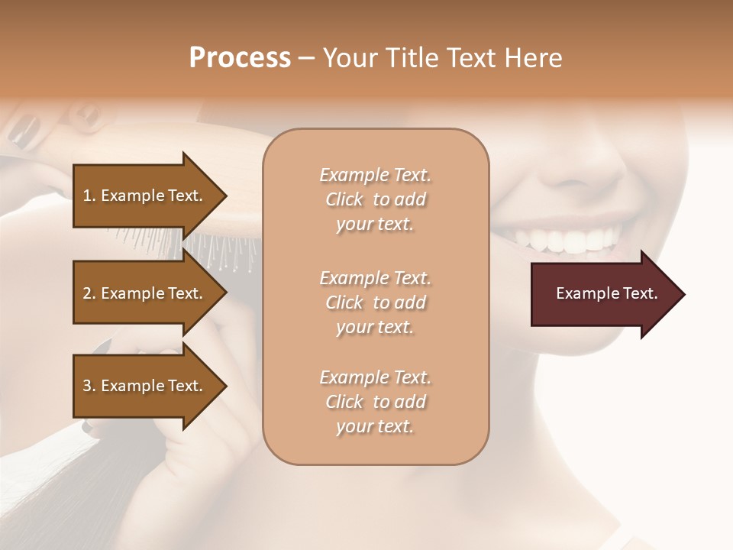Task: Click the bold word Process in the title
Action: (x=240, y=57)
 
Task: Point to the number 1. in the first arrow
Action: (x=89, y=196)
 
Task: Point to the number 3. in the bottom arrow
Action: (x=89, y=386)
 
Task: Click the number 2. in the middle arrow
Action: (x=89, y=293)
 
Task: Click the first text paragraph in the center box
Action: (x=375, y=199)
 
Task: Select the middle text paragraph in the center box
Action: (x=375, y=302)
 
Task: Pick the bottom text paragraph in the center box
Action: (x=375, y=402)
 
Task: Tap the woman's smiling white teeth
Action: (x=565, y=241)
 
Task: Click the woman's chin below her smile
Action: (x=588, y=321)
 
